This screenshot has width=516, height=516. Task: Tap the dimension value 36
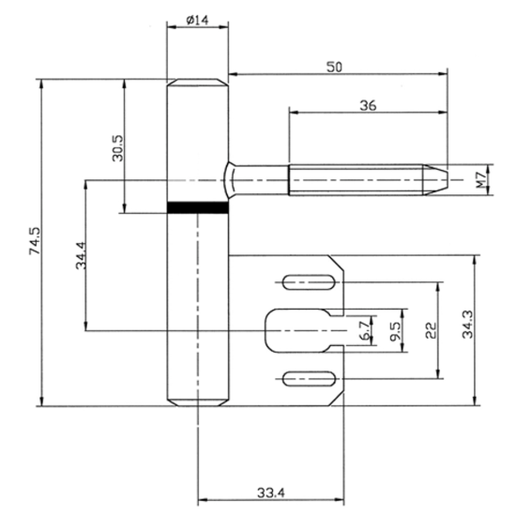point(368,106)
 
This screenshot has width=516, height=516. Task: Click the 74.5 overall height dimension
point(35,241)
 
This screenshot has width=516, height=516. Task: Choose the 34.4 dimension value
point(81,255)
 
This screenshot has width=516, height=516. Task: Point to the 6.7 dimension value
point(364,328)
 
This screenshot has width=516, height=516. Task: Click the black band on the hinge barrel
point(197,208)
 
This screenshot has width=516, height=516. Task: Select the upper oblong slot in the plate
point(308,280)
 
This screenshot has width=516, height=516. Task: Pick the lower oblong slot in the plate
point(308,378)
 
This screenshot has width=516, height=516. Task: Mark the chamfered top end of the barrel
point(197,86)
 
